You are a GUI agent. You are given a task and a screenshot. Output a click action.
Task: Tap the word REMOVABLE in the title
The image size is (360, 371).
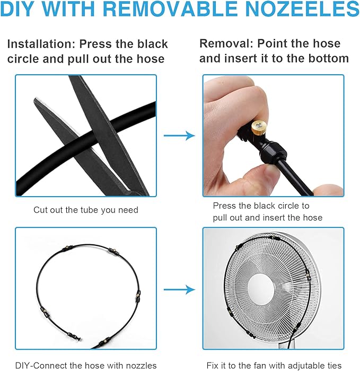[170, 8]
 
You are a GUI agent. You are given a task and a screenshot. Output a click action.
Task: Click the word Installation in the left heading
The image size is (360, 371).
[41, 44]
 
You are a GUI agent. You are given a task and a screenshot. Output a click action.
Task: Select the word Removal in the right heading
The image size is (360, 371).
[226, 43]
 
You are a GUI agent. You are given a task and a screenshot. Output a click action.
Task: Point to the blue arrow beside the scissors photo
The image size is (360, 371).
[179, 136]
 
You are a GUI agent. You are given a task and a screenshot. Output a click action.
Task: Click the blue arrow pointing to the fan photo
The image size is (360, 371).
[179, 289]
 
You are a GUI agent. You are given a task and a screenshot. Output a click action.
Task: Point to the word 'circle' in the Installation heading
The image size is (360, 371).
[23, 59]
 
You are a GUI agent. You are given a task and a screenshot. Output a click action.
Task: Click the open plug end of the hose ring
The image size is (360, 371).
[78, 339]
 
